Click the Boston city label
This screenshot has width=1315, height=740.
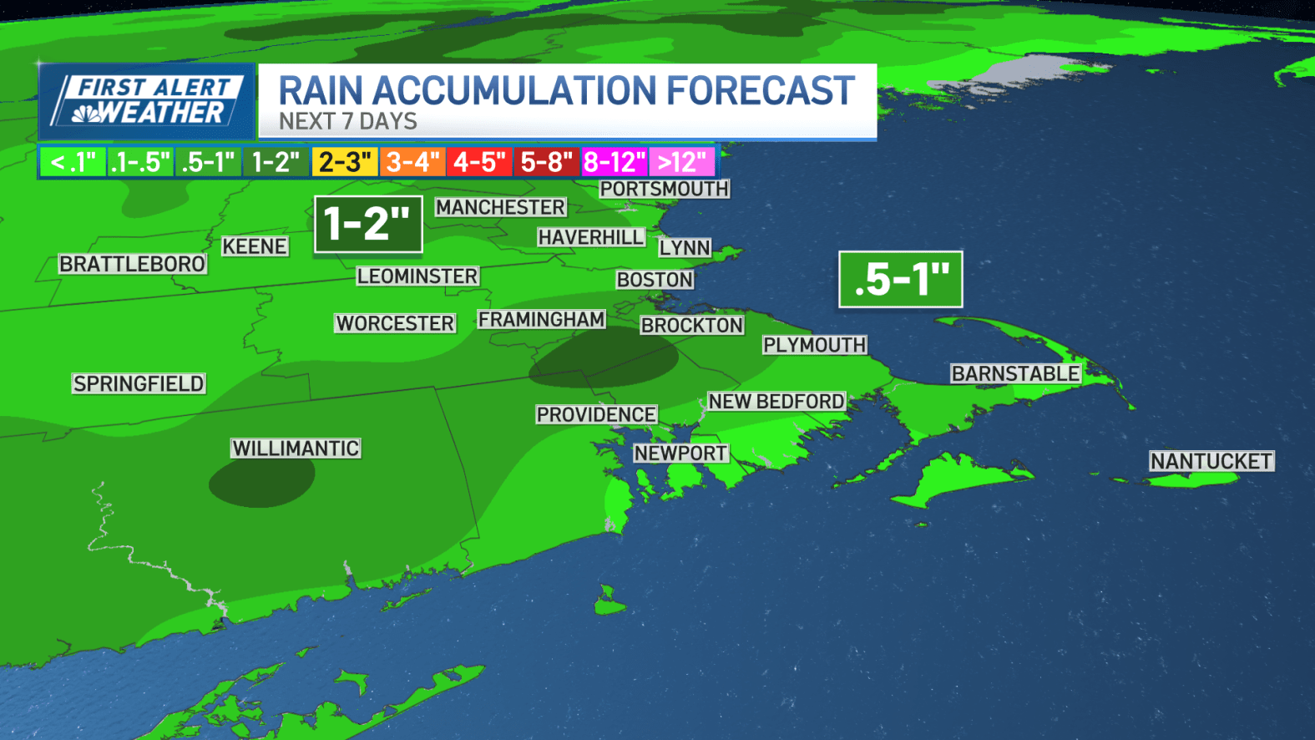pos(655,280)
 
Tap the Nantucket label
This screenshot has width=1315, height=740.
pos(1211,461)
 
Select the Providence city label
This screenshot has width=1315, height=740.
pos(596,414)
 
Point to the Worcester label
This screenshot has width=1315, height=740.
pos(395,323)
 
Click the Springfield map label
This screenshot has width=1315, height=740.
pos(139,383)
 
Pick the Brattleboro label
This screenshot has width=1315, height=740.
pos(132,264)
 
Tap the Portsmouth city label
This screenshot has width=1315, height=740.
pos(665,189)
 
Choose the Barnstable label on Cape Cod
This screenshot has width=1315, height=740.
pos(1015,373)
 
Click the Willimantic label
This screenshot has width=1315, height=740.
pos(296,449)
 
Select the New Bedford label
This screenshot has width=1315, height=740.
pos(776,402)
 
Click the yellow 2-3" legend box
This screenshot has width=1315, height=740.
pos(345,162)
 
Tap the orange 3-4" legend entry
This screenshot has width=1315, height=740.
pos(412,162)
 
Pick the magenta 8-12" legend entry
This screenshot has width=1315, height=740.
pos(615,162)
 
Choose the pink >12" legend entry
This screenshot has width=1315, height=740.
pos(682,162)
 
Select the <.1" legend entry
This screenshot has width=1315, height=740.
pos(73,162)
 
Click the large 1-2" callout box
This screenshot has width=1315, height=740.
pos(368,224)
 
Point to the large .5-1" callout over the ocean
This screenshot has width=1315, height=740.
pos(901,279)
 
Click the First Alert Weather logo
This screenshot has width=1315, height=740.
pos(147,101)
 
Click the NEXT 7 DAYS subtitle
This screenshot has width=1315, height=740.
pos(348,122)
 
